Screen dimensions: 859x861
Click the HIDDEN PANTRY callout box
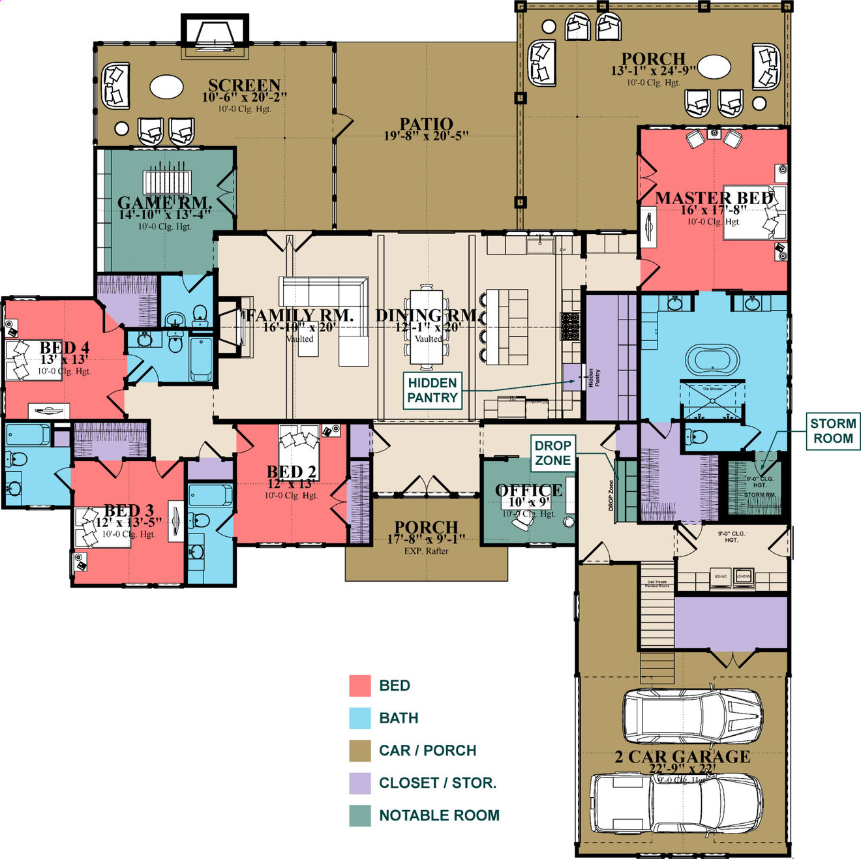[x=432, y=391]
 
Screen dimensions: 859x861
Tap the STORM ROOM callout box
[x=833, y=431]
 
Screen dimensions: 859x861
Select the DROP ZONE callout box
[x=553, y=453]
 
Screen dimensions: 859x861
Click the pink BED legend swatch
[x=360, y=686]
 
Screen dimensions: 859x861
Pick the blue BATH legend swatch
[x=360, y=718]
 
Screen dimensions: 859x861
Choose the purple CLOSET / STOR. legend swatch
[x=360, y=783]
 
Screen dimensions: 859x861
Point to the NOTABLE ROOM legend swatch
[x=360, y=816]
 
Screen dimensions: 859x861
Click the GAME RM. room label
[x=164, y=203]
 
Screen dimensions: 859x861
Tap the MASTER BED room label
[x=714, y=198]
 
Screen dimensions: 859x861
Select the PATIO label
[x=426, y=124]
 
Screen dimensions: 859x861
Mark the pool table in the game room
[x=168, y=182]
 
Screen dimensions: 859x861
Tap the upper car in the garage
[x=692, y=717]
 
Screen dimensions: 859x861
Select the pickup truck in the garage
[x=676, y=804]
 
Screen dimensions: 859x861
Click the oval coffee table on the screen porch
[x=166, y=86]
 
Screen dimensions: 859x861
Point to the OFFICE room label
[x=528, y=490]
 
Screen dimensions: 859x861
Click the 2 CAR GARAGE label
[x=682, y=757]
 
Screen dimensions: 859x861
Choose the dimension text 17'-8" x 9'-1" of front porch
[x=426, y=539]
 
